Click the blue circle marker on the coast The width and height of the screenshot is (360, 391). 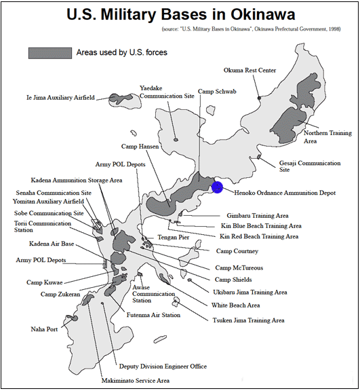pos(217,187)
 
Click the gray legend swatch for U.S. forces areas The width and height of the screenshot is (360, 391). pos(49,52)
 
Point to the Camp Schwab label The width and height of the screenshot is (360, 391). pos(217,92)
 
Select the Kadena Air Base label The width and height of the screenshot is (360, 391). pos(52,244)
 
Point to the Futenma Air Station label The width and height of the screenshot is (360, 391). pos(153,315)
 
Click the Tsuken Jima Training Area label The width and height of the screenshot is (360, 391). pos(248,320)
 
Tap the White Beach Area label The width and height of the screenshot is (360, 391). pos(235,305)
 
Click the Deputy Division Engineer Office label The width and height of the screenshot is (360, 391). pos(163,367)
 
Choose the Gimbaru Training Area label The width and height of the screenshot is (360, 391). pos(258,215)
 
